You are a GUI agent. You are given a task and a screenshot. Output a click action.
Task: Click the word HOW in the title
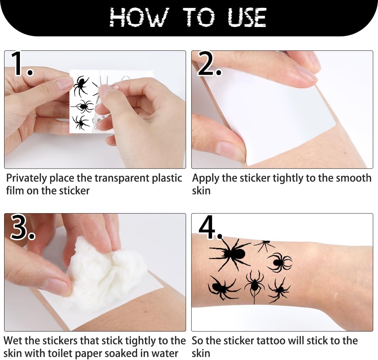(x=139, y=17)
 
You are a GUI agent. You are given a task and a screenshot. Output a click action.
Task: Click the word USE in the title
(x=247, y=17)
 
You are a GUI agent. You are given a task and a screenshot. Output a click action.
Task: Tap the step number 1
(x=21, y=64)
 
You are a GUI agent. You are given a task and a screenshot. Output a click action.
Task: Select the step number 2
(x=209, y=64)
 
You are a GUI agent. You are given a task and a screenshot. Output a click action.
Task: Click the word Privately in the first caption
(x=26, y=178)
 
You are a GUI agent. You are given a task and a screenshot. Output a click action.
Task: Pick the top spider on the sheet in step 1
(x=81, y=85)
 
